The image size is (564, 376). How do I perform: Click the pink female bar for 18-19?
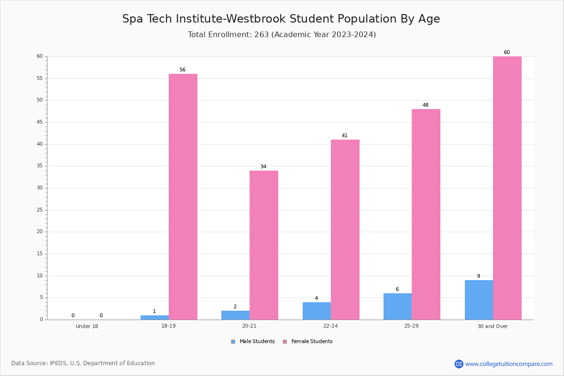coord(183,196)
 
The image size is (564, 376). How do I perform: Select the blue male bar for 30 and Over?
coord(479,300)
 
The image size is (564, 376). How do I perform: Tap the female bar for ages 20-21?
coord(264,245)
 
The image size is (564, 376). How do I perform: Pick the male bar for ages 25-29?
coord(398,306)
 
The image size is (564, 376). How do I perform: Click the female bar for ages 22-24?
coord(345,230)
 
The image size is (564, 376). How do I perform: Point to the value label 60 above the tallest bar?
coord(507,52)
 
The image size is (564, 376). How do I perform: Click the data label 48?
coord(425,105)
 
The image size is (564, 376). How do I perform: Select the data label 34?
coord(263,166)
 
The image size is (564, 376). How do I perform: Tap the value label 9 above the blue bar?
coord(478,276)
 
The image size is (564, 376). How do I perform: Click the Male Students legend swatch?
coord(233,342)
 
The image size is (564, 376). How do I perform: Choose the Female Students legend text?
coord(312,341)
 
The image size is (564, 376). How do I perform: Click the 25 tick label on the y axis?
coord(40,210)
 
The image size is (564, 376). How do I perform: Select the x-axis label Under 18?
coord(87,326)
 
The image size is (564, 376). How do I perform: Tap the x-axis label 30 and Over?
coord(493,326)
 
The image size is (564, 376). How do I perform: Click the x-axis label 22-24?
coord(330,326)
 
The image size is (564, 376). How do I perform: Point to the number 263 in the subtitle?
coord(261,34)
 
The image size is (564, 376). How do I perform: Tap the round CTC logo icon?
coord(459,364)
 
